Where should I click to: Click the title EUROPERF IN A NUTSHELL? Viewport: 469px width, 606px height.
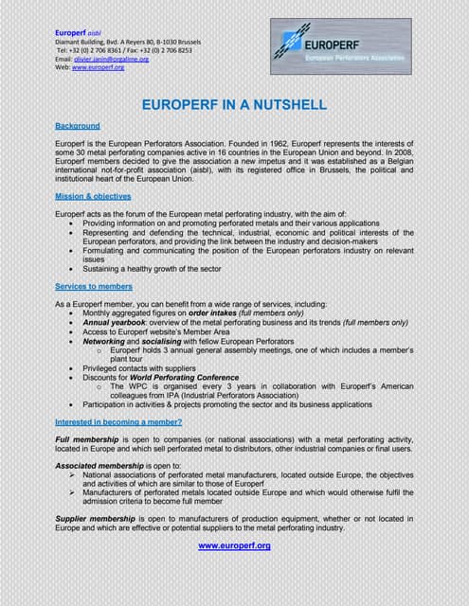(x=234, y=104)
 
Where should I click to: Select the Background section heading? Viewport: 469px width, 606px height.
(x=78, y=126)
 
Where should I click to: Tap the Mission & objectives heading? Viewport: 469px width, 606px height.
(x=93, y=196)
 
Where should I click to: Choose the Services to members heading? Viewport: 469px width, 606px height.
(x=94, y=286)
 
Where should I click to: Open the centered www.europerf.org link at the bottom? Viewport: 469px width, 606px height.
(x=234, y=546)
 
